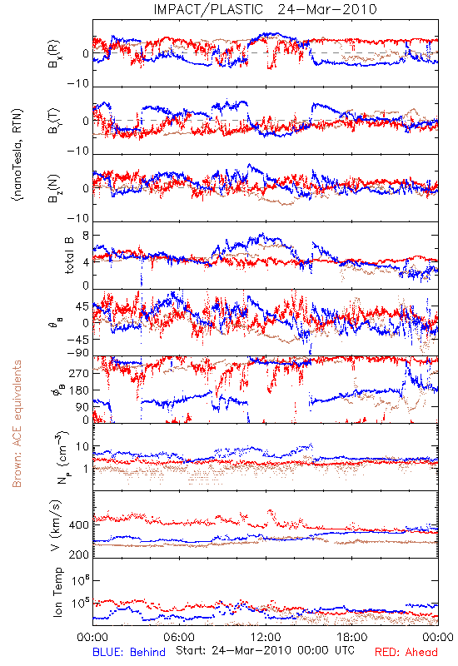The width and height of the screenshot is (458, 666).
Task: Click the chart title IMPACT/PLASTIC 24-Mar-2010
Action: tap(265, 9)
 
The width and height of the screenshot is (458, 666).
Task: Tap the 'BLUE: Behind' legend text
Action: tap(129, 652)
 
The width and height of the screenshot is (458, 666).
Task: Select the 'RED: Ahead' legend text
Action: tap(406, 652)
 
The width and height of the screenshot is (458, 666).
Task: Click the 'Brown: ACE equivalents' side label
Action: tap(17, 424)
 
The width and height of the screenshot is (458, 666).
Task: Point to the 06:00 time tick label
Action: tap(179, 637)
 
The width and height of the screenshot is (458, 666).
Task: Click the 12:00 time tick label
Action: tap(266, 637)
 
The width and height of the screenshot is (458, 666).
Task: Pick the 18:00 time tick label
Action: tap(352, 637)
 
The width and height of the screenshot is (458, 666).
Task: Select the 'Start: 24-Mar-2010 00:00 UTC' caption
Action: tap(265, 650)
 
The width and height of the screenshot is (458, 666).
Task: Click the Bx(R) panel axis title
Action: tap(54, 54)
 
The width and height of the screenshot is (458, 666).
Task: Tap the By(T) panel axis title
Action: tap(54, 121)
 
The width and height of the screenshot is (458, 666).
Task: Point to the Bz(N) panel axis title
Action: tap(54, 188)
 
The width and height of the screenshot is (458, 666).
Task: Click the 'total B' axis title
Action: tap(68, 256)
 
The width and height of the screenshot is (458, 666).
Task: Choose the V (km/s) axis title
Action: tap(56, 525)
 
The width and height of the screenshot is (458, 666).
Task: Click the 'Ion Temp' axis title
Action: tap(57, 592)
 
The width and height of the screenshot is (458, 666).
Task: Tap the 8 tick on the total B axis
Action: tap(86, 236)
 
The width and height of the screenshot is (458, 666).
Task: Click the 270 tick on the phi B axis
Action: tap(79, 373)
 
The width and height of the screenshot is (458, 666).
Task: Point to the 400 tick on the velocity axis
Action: tap(79, 525)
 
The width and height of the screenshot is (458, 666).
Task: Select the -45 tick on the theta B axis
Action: tap(77, 340)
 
